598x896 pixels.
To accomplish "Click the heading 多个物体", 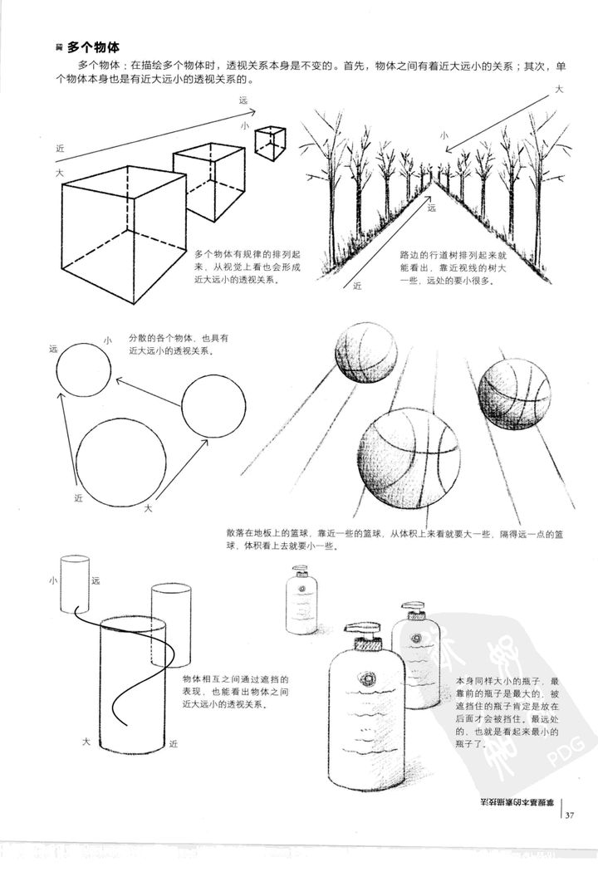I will coord(94,49).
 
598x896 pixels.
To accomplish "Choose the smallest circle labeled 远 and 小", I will coord(83,370).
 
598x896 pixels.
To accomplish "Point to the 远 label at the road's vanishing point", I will coord(432,208).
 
